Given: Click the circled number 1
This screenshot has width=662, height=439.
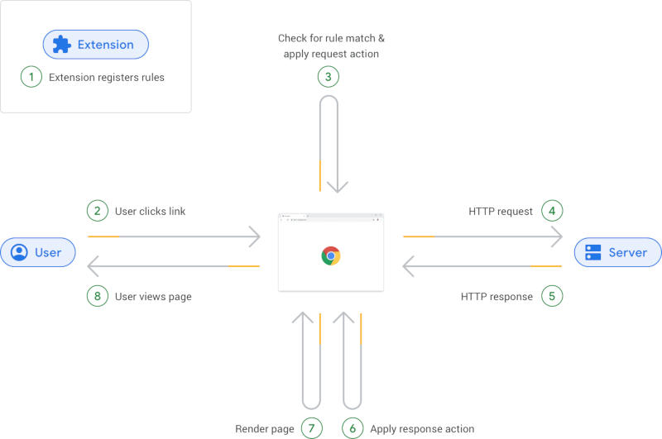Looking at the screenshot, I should point(31,78).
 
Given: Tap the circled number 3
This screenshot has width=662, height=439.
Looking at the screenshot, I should point(329,77).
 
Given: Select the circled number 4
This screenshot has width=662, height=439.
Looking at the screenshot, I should point(553,211).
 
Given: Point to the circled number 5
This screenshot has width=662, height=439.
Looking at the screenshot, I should point(553,296).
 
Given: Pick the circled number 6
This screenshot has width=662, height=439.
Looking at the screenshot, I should point(353,428).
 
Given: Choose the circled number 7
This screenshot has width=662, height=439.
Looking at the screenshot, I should point(311,428).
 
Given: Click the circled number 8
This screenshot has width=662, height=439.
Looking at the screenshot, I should point(98,296).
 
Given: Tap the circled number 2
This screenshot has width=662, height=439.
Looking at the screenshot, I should point(98,211).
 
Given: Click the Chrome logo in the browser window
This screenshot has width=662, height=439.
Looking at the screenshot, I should point(331,255).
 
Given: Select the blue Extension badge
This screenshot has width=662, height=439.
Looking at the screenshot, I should point(96,45).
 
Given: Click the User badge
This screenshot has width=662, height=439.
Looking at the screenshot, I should point(37,252).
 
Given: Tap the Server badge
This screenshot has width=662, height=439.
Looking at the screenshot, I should point(617,252).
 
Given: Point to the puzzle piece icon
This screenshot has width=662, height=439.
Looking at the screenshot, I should point(62,45).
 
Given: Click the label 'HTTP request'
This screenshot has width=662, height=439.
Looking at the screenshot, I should point(501,212).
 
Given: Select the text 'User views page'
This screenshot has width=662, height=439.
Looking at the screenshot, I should point(153,297).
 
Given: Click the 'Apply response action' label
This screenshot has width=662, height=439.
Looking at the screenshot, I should point(422,429).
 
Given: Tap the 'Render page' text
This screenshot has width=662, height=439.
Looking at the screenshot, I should point(265,429).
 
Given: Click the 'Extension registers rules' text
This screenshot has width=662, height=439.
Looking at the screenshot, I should point(107,79).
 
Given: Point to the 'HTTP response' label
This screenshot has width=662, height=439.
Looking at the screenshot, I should point(496,297).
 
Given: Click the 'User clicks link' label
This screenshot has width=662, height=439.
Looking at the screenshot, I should point(150,212).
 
